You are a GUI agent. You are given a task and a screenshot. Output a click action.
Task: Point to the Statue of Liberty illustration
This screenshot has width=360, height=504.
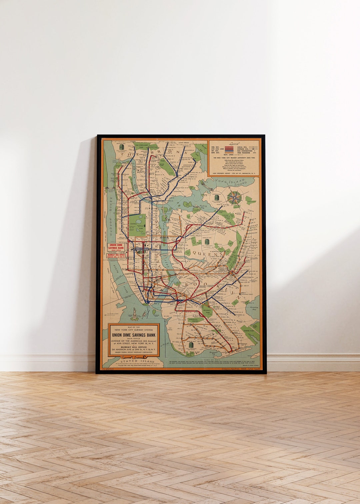[134, 313]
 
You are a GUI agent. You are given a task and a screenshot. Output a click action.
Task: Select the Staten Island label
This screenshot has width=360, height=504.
[138, 361]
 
